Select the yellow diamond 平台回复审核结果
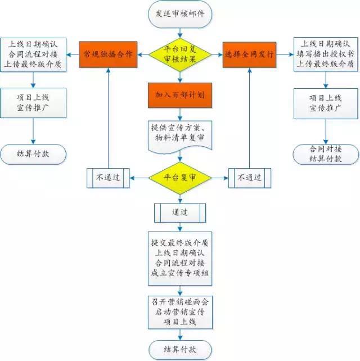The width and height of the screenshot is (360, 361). (x=179, y=55)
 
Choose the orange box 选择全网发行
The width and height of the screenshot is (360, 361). (x=249, y=55)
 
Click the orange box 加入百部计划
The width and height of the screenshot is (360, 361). (x=179, y=96)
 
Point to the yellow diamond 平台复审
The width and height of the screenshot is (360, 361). (x=179, y=178)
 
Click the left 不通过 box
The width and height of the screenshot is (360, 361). (x=108, y=178)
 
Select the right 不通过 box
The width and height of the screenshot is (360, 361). (x=250, y=178)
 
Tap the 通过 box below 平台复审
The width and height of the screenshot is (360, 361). (x=179, y=212)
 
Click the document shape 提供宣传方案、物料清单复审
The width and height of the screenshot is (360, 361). (x=179, y=134)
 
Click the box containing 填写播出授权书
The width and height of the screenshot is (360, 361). (x=325, y=55)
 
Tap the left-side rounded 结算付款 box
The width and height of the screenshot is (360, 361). (x=33, y=153)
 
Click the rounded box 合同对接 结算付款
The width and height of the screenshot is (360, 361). (x=325, y=154)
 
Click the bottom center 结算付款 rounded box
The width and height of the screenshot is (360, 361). (x=179, y=349)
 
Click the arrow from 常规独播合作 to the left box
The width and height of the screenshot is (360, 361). (x=73, y=55)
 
